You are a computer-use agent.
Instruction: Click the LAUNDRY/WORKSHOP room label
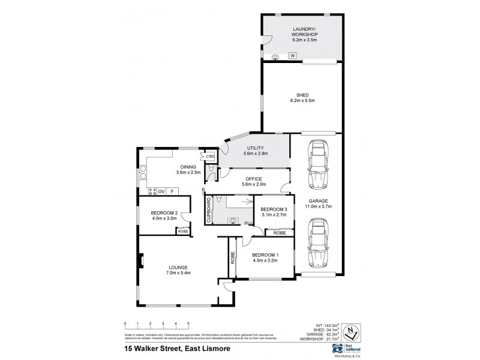pos(305,32)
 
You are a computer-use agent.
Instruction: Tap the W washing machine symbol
pos(293,56)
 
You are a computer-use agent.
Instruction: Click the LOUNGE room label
pos(178,267)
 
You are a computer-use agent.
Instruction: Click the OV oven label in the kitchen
pos(161,191)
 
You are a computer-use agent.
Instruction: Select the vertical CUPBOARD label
pos(209,211)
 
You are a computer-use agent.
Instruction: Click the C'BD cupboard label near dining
pos(210,157)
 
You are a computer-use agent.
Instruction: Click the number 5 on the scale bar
pos(188,323)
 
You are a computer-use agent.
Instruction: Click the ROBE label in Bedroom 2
pos(183,231)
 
